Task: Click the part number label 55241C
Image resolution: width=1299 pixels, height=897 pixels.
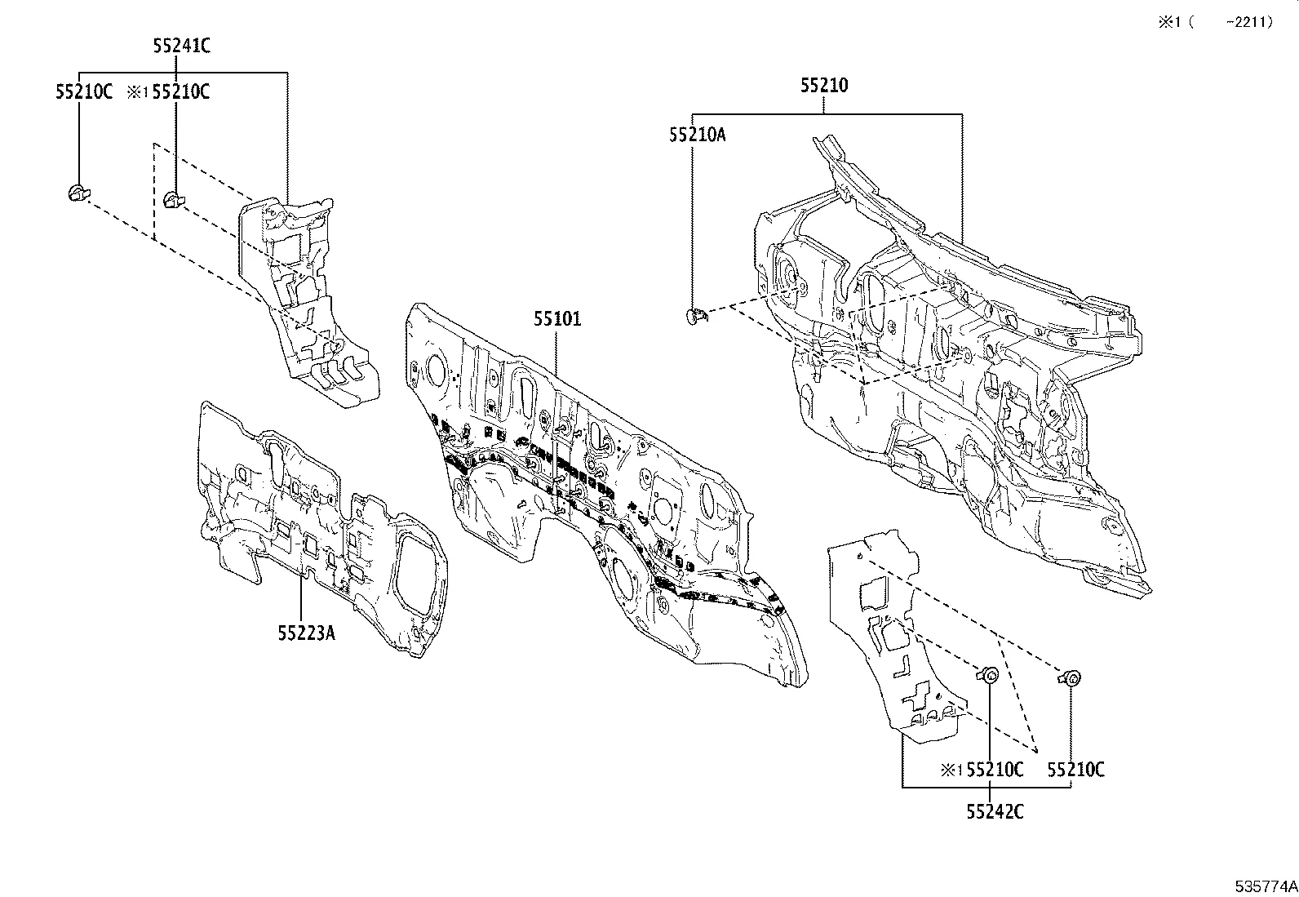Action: click(x=181, y=46)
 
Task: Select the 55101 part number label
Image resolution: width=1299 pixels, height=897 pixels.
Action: click(x=557, y=318)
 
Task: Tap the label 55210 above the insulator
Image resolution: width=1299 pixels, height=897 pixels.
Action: click(x=823, y=85)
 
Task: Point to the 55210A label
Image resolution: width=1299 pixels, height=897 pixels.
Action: click(x=697, y=135)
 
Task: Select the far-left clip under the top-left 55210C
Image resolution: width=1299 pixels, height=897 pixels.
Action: click(x=77, y=193)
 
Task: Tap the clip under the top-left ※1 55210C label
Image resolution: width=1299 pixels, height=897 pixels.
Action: click(x=173, y=198)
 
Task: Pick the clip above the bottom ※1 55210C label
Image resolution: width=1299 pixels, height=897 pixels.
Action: click(x=988, y=674)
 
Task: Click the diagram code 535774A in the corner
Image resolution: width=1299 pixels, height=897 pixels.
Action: click(x=1265, y=886)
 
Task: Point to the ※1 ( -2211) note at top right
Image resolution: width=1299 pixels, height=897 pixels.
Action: click(x=1214, y=23)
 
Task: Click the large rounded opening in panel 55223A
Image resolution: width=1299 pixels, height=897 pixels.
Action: click(x=418, y=575)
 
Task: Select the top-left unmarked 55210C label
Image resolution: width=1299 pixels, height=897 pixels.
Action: click(x=84, y=91)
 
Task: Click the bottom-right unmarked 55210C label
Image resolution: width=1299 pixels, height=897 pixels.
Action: click(x=1075, y=769)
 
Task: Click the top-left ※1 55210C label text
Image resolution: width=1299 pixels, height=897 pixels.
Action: click(x=169, y=91)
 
